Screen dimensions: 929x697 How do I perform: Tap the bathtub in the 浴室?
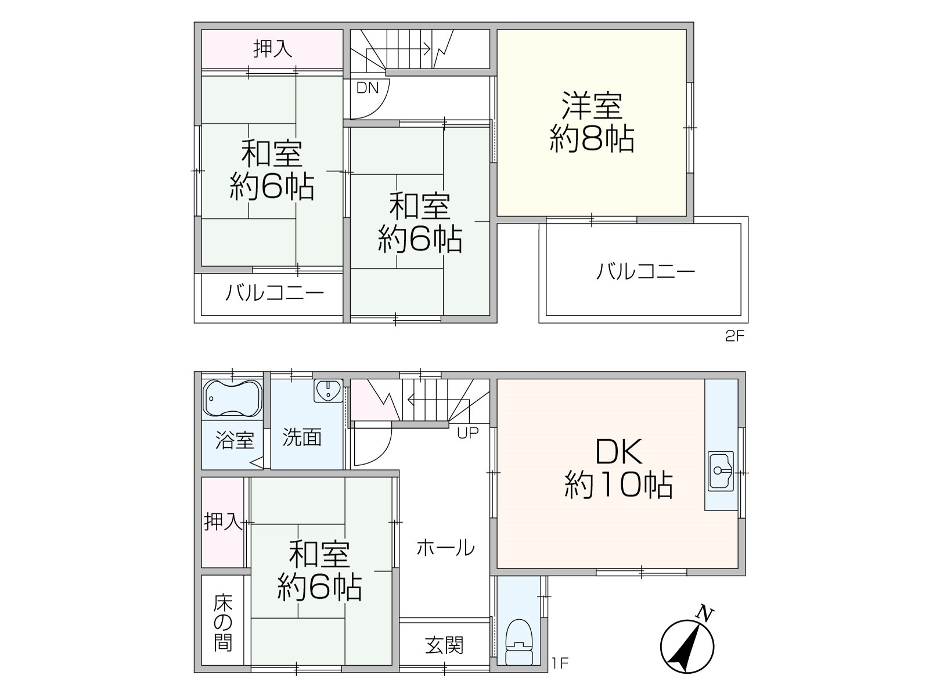[x=232, y=398]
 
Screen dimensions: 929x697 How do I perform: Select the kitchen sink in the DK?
[x=721, y=471]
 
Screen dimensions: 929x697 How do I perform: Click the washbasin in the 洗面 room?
[x=328, y=390]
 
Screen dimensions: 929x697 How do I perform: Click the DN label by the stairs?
[x=368, y=88]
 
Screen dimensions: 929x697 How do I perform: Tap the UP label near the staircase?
[x=467, y=433]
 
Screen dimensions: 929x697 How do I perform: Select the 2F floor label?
[x=734, y=336]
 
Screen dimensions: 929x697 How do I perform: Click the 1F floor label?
[x=560, y=663]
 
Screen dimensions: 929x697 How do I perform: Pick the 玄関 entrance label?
[x=444, y=645]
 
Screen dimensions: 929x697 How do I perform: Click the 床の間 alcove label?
[x=222, y=622]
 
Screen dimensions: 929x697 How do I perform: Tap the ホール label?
[x=445, y=548]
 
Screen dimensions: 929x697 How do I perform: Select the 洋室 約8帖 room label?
[x=592, y=122]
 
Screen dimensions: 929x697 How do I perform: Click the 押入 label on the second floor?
[x=272, y=49]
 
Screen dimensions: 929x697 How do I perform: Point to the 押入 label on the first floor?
[x=223, y=522]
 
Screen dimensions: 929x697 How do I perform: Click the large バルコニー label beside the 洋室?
[x=646, y=271]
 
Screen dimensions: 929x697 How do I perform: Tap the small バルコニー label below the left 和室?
[x=274, y=292]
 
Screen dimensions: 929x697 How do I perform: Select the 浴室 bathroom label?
[x=235, y=440]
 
